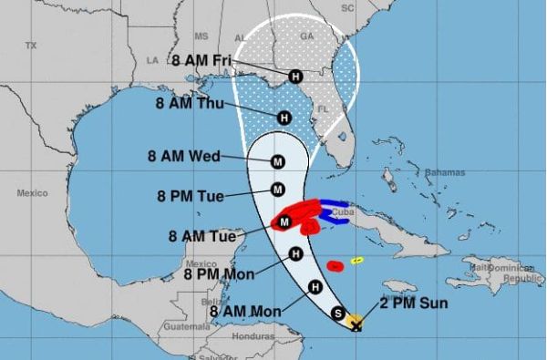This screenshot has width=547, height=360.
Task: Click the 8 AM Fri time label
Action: pos(201,61)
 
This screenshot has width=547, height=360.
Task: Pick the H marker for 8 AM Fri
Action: pos(294,77)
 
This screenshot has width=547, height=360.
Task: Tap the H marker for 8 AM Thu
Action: pos(284,117)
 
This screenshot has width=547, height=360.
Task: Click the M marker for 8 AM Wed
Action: pos(278,162)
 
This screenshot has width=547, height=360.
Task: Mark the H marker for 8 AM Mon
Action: pos(315,287)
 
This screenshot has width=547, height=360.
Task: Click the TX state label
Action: pos(31,45)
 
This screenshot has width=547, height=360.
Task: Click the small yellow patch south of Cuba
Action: pos(357,260)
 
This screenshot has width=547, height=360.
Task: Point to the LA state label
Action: pos(152,60)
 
